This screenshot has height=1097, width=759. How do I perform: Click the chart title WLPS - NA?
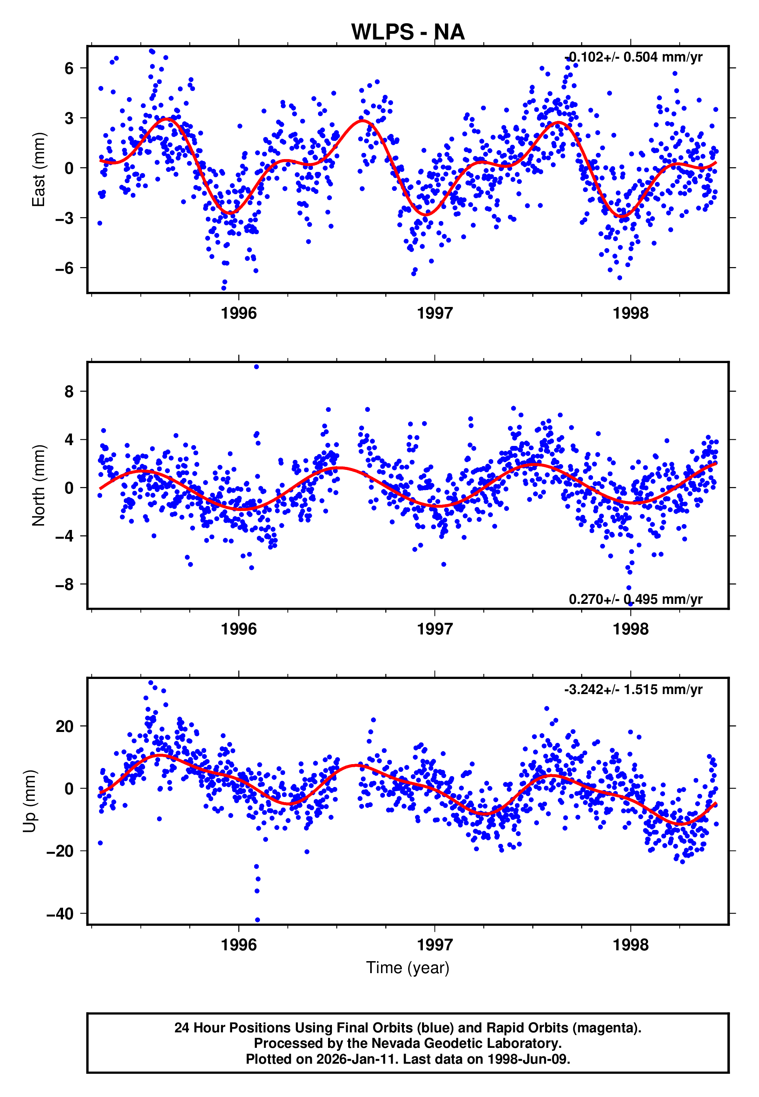point(408,33)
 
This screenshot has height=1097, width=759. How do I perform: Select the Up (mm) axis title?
point(29,801)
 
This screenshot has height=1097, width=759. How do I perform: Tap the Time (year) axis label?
point(408,968)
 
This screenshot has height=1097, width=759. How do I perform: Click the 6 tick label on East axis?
point(69,68)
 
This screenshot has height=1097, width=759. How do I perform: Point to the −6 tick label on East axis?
point(64,268)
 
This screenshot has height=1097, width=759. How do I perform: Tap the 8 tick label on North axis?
point(69,391)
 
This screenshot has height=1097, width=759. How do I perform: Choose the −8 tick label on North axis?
point(64,584)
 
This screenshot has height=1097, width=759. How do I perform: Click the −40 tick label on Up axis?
point(60,914)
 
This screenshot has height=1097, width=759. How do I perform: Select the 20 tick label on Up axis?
point(65,727)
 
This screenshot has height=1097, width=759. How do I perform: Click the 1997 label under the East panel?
point(435,314)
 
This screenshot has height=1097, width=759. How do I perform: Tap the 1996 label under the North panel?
point(239,629)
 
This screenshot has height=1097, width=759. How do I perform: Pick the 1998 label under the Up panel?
point(631,945)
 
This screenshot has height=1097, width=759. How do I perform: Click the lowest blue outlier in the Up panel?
point(257,920)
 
